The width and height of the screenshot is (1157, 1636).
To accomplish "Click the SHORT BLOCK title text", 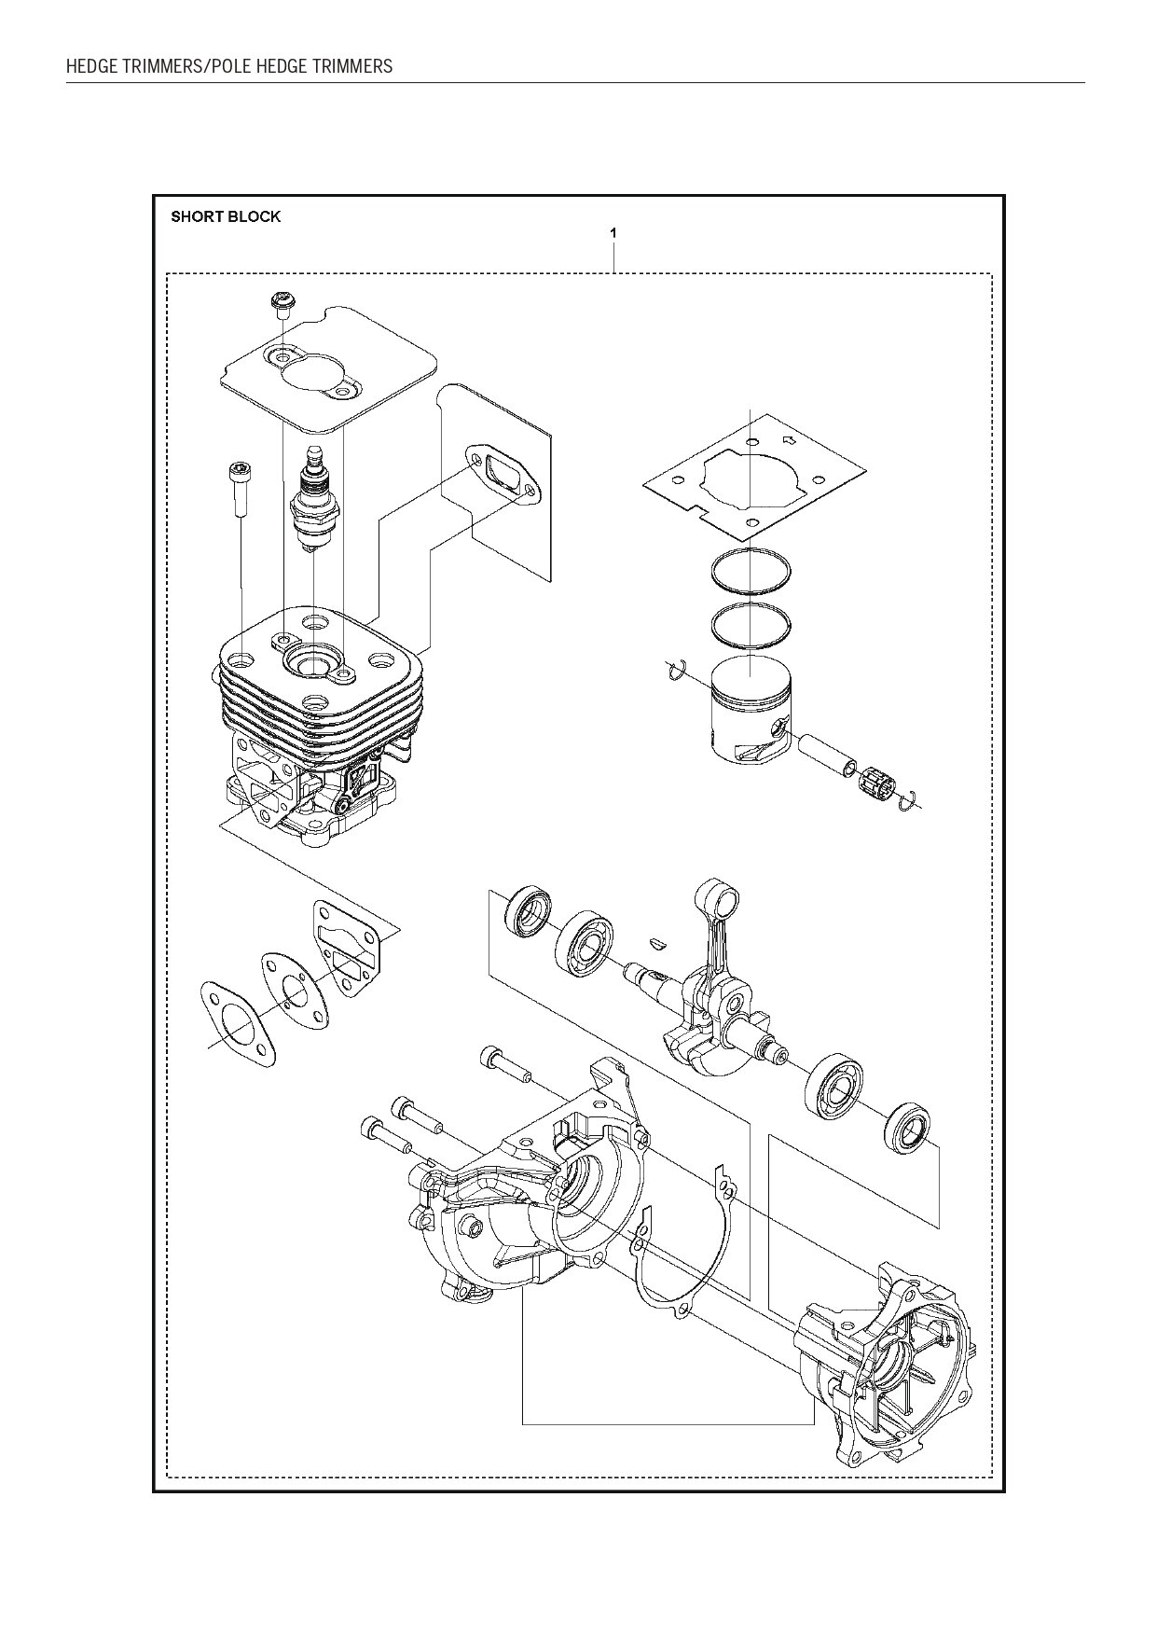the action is (x=226, y=216).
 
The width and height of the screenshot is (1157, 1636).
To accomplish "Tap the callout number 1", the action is (x=613, y=231).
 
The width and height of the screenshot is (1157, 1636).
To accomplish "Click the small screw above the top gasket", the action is (x=279, y=304).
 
